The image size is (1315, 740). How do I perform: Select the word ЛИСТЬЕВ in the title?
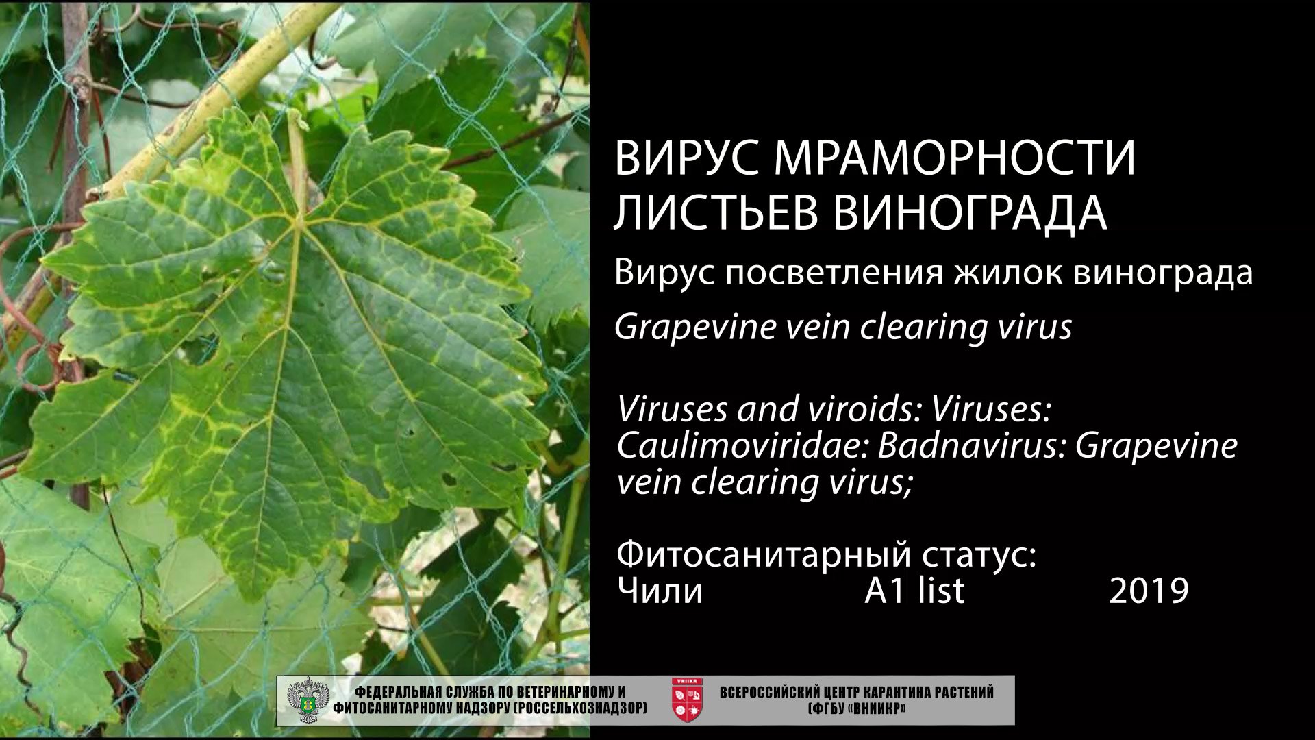coord(715,212)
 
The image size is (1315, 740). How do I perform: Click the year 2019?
coord(1149,591)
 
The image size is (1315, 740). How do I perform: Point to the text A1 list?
coord(914,591)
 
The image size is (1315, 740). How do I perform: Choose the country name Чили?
coord(660,591)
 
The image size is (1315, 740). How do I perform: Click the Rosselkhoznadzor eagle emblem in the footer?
coord(306,700)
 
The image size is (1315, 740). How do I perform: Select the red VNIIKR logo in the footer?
coord(686,700)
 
